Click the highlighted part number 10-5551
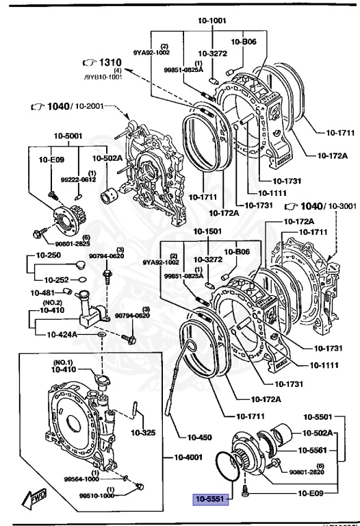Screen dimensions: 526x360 point(211,500)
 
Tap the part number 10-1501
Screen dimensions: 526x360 point(207,231)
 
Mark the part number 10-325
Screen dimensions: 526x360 point(143,433)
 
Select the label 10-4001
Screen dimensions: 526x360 point(179,458)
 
